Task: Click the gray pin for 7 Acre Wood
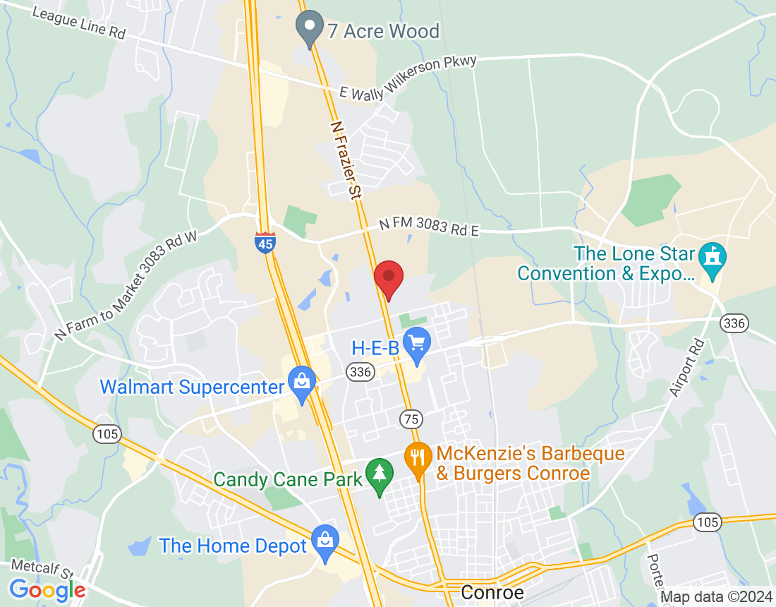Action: click(x=309, y=28)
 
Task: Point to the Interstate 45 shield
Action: click(x=265, y=241)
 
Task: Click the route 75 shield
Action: click(x=411, y=419)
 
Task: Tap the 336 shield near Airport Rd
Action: click(x=734, y=323)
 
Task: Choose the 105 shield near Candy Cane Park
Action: click(x=107, y=433)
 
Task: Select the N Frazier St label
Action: click(x=346, y=159)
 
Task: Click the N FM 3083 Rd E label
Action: click(x=429, y=226)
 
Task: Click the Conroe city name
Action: click(x=492, y=593)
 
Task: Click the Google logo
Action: click(x=47, y=589)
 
